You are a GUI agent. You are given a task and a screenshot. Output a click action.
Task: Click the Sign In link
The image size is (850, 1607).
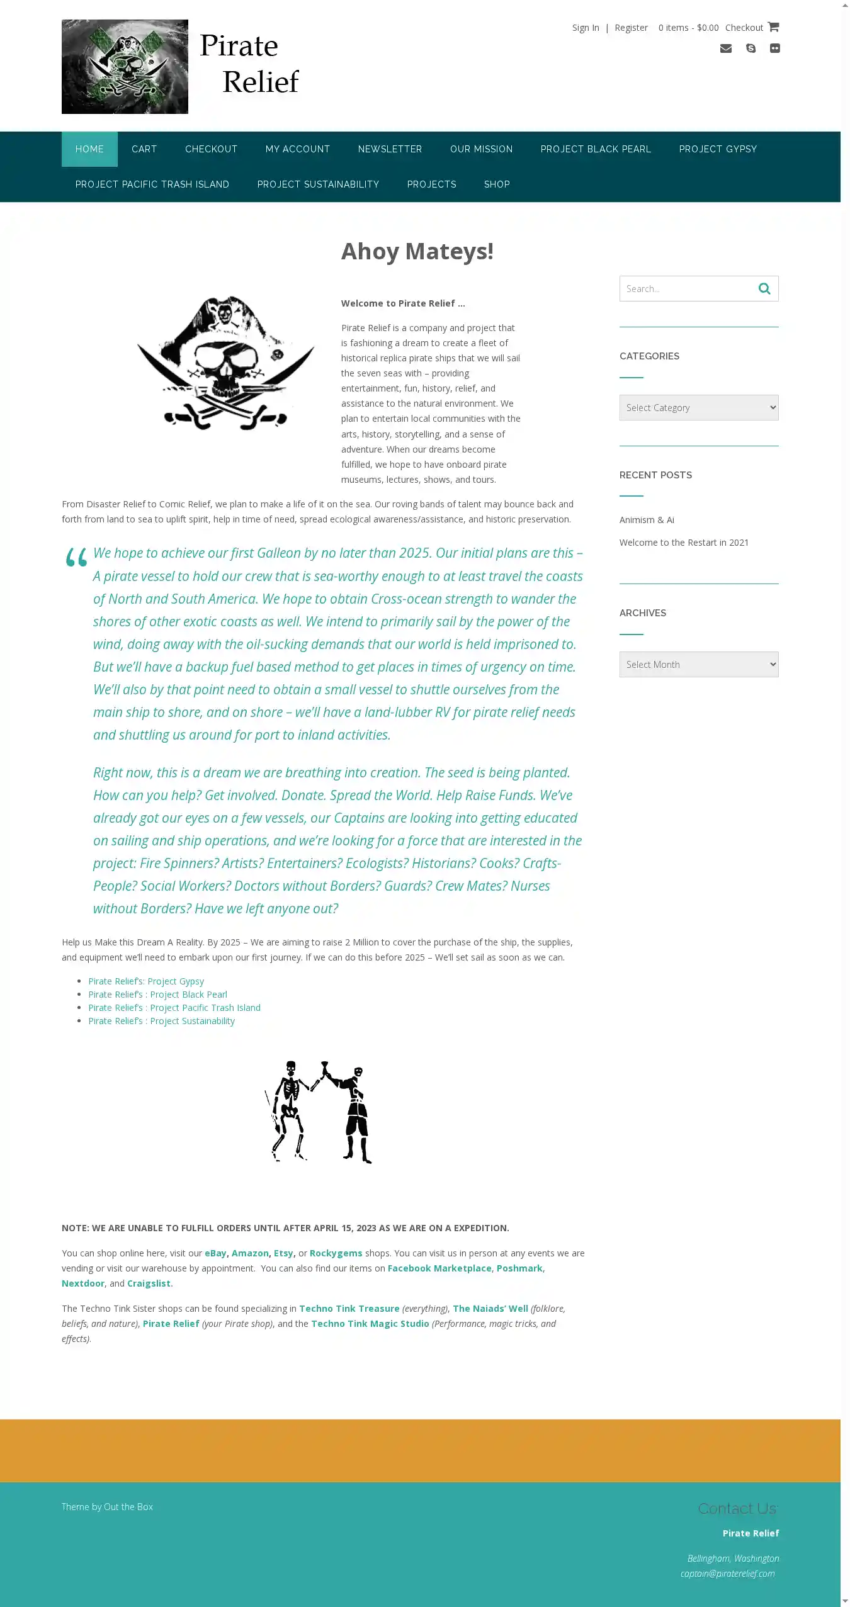(x=585, y=28)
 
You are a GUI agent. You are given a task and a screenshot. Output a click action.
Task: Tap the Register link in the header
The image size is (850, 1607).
(x=631, y=28)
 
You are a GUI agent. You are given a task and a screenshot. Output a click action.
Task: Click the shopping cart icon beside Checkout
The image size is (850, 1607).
(x=773, y=27)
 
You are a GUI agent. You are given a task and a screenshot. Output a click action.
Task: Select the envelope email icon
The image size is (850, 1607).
(x=725, y=48)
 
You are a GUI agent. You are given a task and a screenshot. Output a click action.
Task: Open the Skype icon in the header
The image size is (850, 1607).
(x=751, y=48)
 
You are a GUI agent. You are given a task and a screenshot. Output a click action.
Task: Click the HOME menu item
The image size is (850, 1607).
(x=89, y=149)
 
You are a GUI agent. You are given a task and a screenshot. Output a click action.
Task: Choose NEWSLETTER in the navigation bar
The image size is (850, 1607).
(x=390, y=149)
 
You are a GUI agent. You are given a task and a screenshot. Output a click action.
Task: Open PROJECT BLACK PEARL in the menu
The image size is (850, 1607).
(x=596, y=149)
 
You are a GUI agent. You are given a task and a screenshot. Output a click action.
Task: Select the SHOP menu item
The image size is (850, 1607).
(x=497, y=184)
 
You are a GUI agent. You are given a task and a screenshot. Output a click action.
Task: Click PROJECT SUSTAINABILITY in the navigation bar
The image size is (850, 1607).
(x=318, y=184)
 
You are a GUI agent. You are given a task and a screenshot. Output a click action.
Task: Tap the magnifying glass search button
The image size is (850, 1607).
(x=764, y=289)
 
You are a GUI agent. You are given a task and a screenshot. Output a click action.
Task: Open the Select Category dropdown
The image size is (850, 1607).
(x=698, y=408)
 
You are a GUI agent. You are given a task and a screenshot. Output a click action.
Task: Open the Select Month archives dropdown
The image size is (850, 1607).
(x=698, y=665)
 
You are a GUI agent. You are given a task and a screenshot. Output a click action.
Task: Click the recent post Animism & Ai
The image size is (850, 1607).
(x=647, y=520)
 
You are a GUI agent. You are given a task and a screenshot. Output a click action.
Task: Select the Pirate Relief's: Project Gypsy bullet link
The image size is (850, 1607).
(x=146, y=981)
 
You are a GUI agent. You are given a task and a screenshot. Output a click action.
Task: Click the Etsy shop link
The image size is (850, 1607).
(x=283, y=1253)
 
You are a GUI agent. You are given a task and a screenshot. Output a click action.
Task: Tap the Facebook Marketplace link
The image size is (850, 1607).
(x=439, y=1268)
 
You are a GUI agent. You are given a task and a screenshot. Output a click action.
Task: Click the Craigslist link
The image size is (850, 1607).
(x=149, y=1283)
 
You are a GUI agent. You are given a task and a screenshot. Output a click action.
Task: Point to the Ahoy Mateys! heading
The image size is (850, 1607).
(x=417, y=251)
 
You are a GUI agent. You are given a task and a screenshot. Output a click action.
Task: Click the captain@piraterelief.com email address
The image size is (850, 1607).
(x=727, y=1574)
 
